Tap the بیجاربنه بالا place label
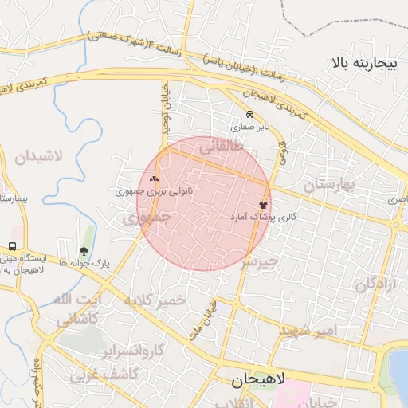point(363,62)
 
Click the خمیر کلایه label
point(155,300)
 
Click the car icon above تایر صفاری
point(250,114)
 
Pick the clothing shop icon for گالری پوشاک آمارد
point(264,205)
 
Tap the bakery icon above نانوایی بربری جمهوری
point(154,179)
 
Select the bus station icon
point(12,246)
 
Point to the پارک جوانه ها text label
point(80,262)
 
